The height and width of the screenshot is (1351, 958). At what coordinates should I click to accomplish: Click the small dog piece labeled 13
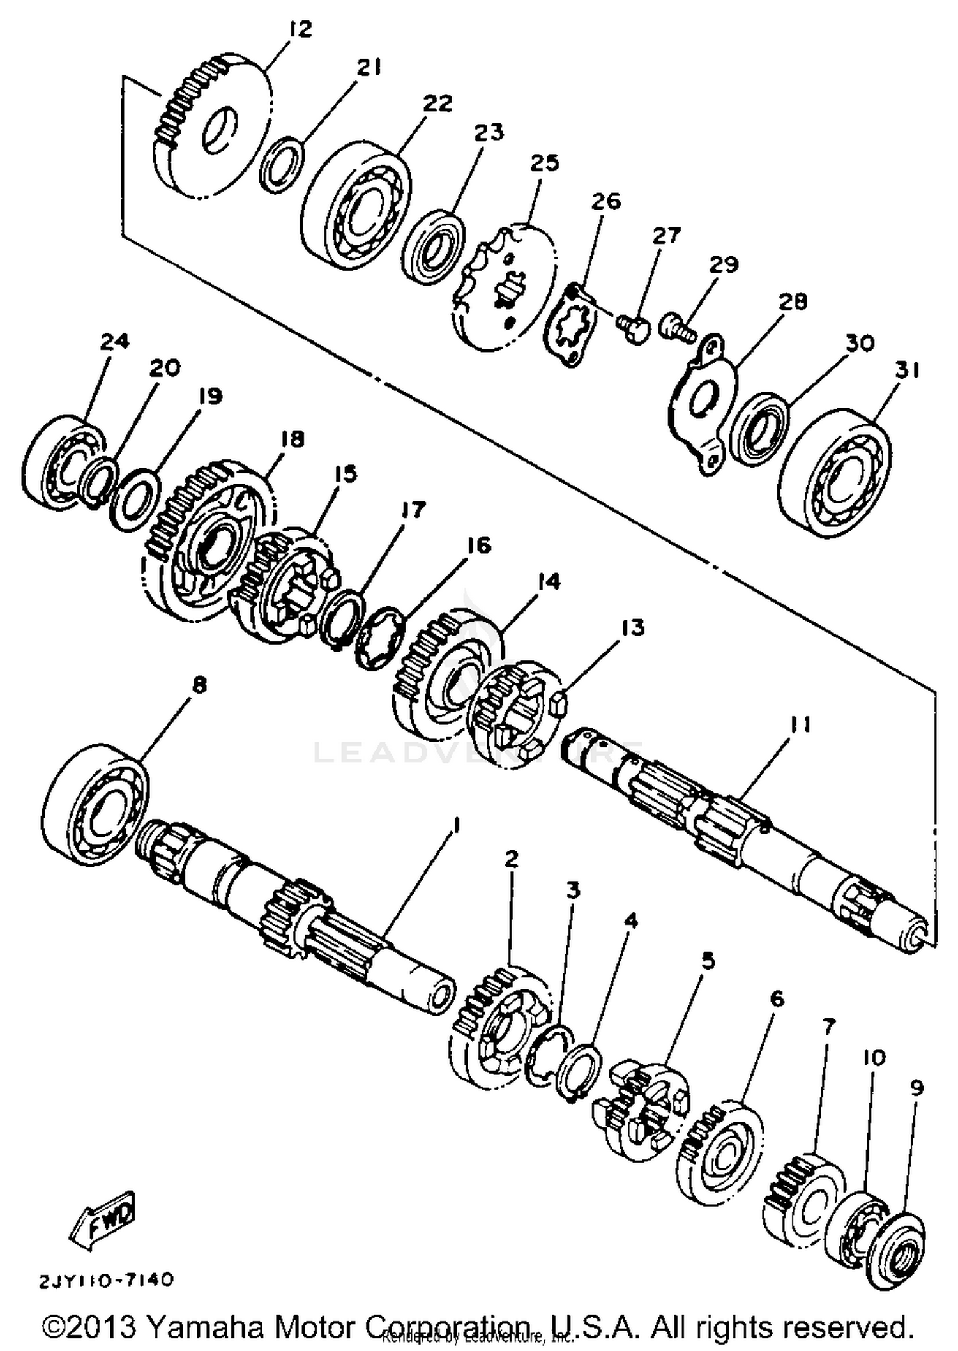[560, 702]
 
